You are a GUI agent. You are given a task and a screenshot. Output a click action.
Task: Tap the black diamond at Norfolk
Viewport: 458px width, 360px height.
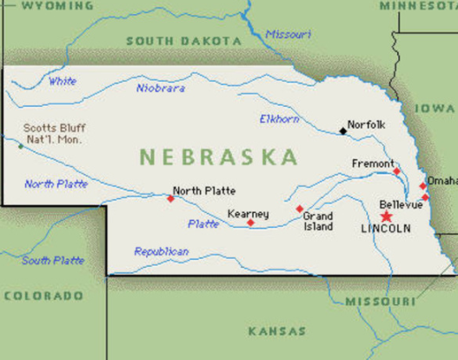click(x=342, y=131)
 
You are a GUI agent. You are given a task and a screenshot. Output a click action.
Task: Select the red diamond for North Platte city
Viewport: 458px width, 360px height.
click(x=170, y=198)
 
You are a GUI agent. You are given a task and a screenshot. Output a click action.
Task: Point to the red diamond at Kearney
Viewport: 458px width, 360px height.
click(x=250, y=223)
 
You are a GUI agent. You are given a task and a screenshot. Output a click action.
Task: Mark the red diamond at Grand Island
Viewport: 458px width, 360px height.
click(x=299, y=209)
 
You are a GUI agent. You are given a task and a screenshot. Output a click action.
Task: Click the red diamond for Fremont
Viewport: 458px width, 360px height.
click(x=396, y=171)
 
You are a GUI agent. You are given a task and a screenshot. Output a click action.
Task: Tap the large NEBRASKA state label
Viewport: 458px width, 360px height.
click(x=218, y=157)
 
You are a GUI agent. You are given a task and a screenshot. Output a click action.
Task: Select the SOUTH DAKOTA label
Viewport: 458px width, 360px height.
click(x=183, y=41)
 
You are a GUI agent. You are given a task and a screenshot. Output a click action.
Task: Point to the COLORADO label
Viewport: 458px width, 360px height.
click(x=43, y=296)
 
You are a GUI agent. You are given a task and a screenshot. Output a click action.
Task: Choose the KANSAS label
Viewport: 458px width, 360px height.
click(x=277, y=331)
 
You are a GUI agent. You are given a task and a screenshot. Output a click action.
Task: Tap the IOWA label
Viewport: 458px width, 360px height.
click(x=434, y=108)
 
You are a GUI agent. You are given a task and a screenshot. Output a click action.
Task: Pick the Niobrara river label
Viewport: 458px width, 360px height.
click(x=160, y=88)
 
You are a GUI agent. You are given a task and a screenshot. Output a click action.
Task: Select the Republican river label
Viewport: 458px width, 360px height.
click(x=161, y=252)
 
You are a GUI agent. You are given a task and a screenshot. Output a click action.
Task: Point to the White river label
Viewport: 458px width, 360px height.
click(x=62, y=82)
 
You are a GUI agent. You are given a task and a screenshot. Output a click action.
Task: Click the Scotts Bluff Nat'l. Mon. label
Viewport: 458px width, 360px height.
click(x=54, y=133)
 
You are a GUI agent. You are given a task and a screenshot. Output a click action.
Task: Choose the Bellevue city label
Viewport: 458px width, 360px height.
click(x=401, y=204)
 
